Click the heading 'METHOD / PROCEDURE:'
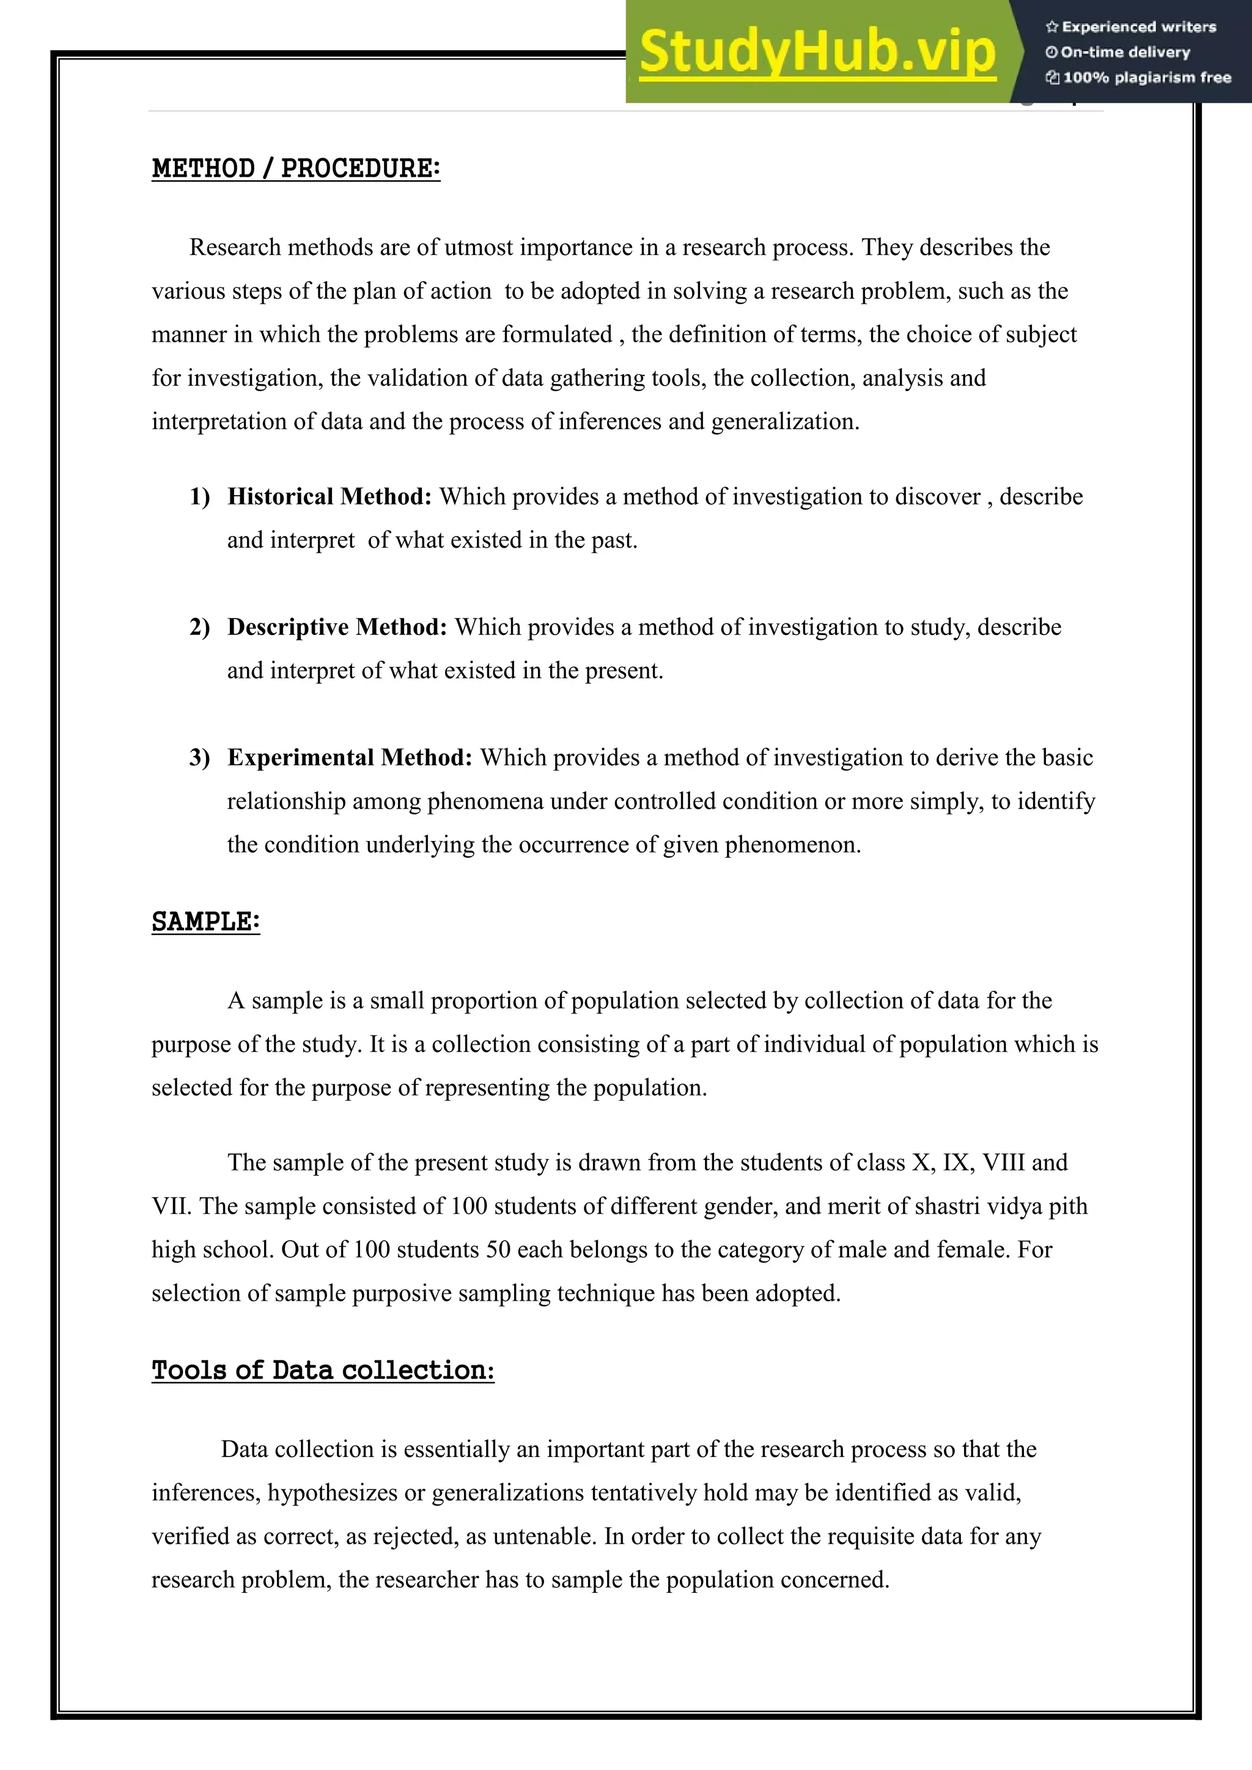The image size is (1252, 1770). coord(295,168)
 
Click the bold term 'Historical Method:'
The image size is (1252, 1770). coord(329,496)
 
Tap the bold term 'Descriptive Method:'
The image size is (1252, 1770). coord(337,626)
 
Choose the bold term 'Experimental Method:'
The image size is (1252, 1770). coord(349,757)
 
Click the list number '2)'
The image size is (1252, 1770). coord(200,626)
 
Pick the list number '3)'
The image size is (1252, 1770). coord(200,757)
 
